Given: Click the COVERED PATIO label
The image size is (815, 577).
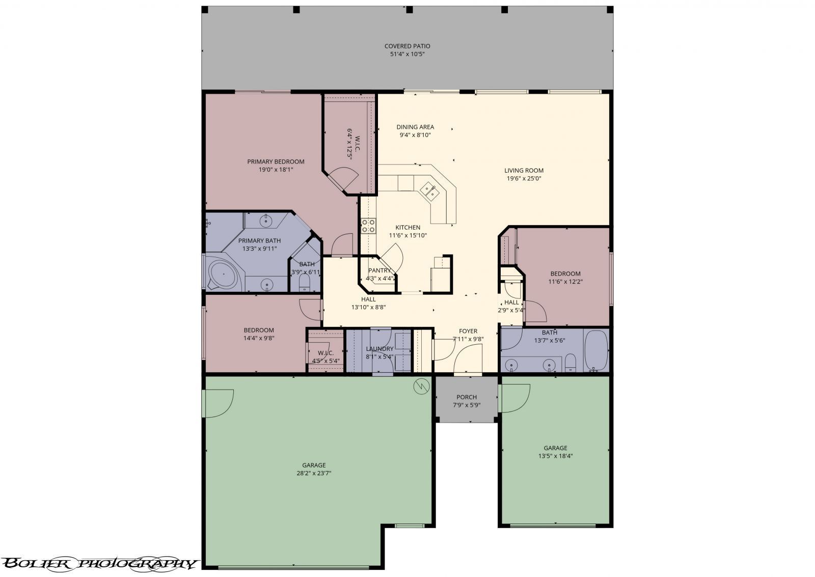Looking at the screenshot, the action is (x=407, y=46).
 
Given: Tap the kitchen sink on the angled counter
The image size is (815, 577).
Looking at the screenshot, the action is (x=430, y=191).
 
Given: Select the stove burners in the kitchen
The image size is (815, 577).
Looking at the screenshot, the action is (x=368, y=226).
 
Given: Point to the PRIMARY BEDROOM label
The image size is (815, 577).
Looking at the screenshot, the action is (x=276, y=162).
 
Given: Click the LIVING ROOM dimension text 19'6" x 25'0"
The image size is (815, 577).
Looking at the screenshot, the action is (x=524, y=179).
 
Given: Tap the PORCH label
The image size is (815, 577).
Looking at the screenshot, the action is (x=467, y=397).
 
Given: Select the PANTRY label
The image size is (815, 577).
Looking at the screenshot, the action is (x=379, y=270).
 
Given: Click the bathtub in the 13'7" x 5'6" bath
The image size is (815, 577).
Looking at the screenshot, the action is (x=596, y=350).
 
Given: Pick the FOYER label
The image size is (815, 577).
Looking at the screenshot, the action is (x=468, y=332).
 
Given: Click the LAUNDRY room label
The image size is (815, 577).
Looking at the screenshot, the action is (x=379, y=349).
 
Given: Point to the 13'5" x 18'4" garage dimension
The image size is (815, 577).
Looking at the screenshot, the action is (x=556, y=456).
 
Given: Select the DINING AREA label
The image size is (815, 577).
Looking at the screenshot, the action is (x=415, y=127).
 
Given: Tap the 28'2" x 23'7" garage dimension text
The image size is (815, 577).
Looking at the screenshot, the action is (x=314, y=473).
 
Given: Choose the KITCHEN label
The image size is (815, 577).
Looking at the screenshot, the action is (x=408, y=228).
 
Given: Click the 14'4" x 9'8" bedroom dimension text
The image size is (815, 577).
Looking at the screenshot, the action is (x=259, y=338).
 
